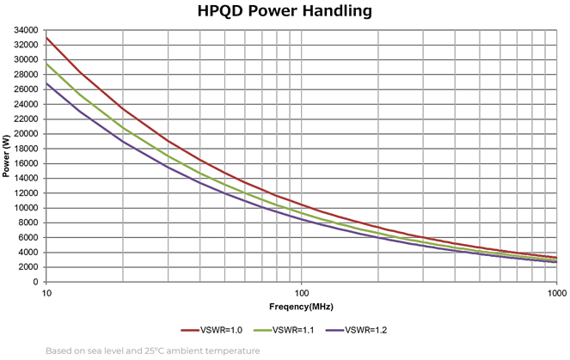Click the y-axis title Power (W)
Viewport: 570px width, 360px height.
7,156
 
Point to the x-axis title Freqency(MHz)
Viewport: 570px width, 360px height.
302,306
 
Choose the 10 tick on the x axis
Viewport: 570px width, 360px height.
46,292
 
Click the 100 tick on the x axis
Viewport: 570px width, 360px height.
302,292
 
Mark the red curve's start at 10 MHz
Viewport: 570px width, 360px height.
47,38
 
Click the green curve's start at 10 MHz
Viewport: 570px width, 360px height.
47,64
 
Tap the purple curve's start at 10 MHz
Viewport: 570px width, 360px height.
47,83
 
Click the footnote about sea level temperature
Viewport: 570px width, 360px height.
152,351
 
